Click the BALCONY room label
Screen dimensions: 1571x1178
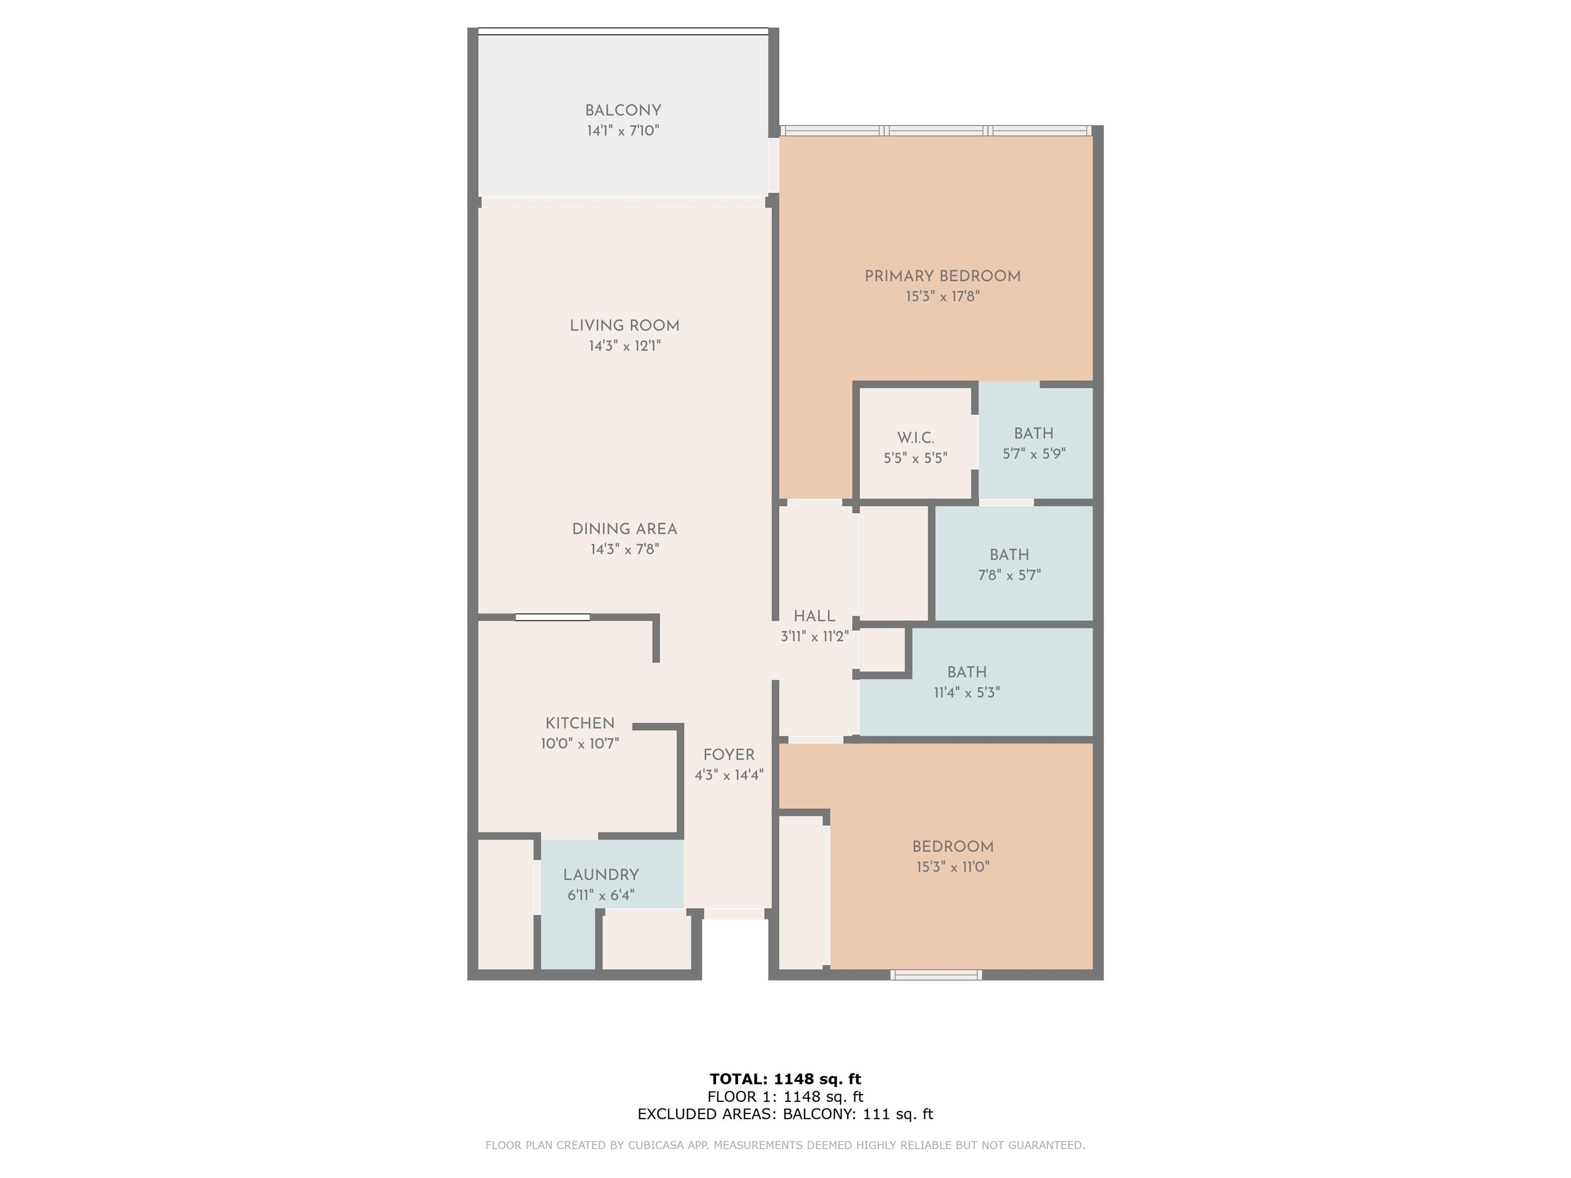point(623,111)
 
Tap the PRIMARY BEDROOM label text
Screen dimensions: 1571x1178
point(942,276)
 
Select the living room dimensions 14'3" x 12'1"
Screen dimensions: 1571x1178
point(624,346)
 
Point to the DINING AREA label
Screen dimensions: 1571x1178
point(624,529)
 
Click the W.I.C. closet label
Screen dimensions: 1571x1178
point(915,438)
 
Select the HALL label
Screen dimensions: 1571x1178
point(814,616)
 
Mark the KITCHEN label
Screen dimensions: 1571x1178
point(579,723)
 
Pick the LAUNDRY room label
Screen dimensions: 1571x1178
point(601,875)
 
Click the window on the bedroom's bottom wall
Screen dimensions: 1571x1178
point(936,975)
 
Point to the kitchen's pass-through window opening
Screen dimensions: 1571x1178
point(552,617)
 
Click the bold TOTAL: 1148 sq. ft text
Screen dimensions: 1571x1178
point(785,1079)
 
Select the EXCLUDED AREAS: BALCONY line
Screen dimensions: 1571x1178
point(785,1114)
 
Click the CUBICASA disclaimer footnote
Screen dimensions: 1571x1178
point(785,1145)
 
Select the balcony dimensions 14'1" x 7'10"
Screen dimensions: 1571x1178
point(623,131)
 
